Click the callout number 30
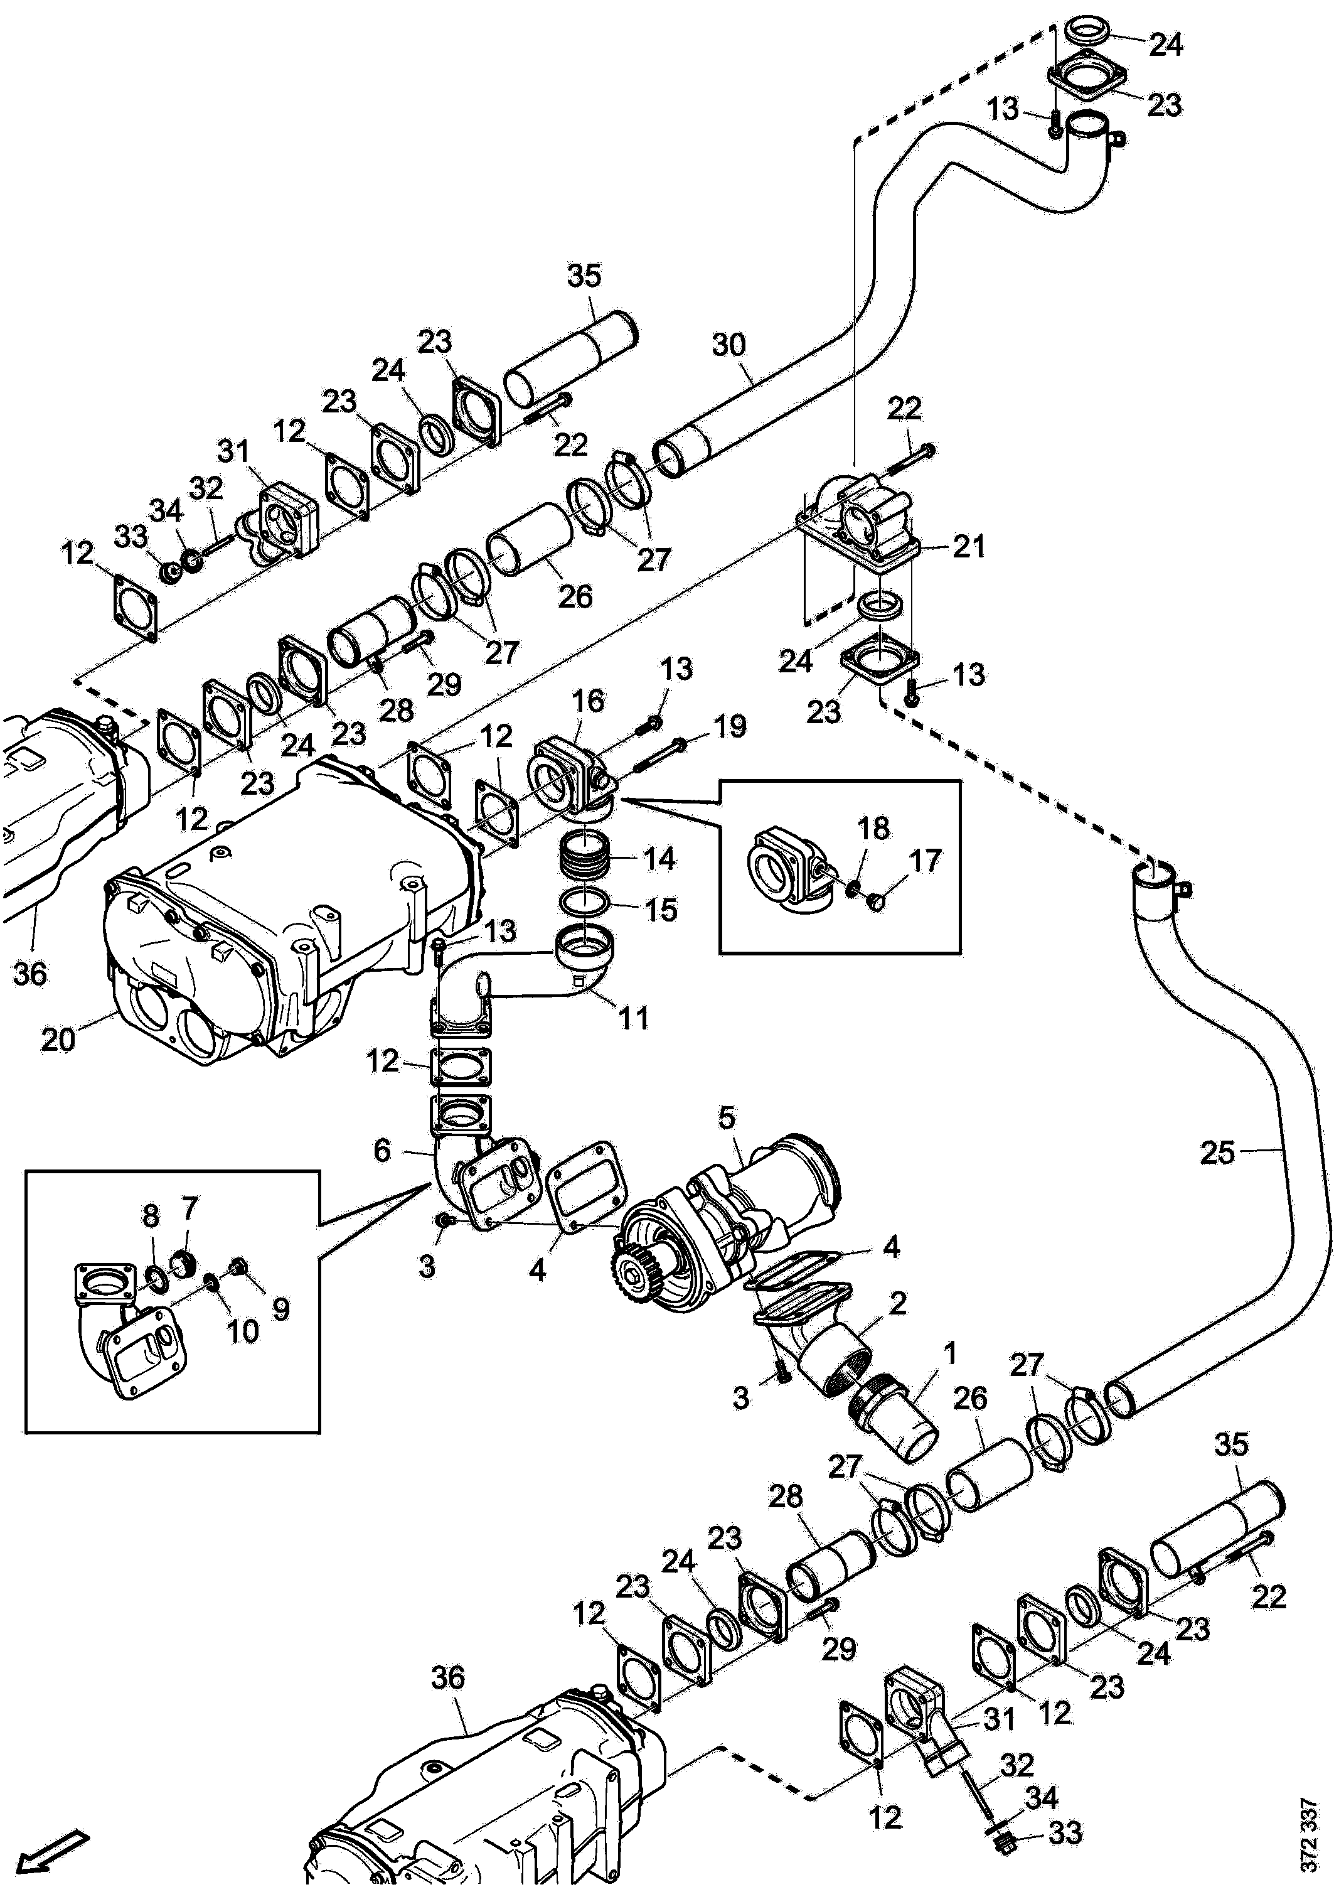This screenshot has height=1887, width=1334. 728,345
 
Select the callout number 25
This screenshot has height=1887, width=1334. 1217,1153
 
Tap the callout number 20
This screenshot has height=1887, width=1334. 58,1040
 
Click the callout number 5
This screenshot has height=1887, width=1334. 727,1118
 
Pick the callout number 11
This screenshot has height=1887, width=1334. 632,1018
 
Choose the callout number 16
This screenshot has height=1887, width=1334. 588,701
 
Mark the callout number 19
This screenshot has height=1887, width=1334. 729,726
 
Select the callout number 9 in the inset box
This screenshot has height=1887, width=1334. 281,1309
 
